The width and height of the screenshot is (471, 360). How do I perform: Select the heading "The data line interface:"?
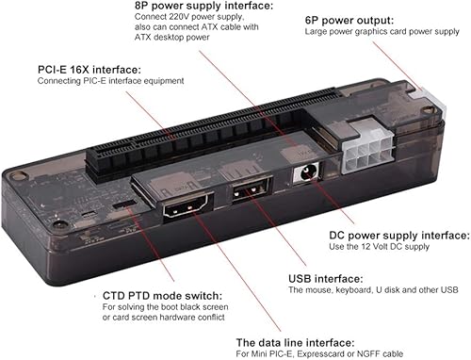click(295, 341)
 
